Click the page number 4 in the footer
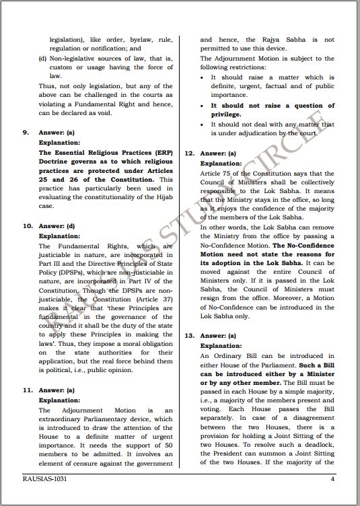(332, 479)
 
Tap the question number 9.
(25, 133)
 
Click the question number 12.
(189, 153)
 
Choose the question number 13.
(189, 334)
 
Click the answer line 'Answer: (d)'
(57, 227)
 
